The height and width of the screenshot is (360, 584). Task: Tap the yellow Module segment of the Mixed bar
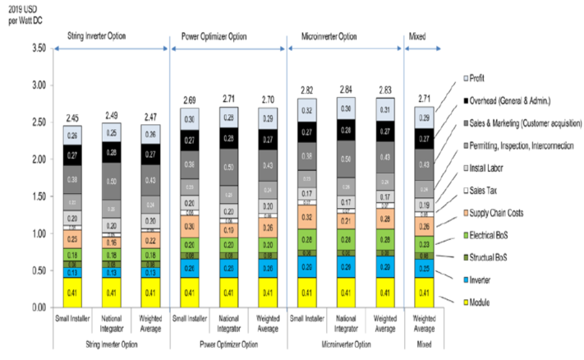[423, 292]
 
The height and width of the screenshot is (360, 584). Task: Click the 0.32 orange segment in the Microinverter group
[307, 218]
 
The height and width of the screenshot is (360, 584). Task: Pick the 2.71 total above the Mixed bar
[423, 98]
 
